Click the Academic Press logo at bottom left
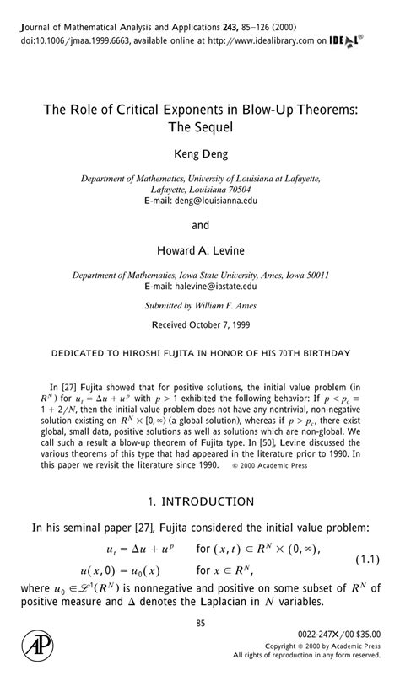tap(36, 646)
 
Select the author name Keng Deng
tap(200, 154)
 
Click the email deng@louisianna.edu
tap(212, 201)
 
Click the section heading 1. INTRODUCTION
tap(200, 501)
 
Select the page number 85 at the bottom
tap(201, 623)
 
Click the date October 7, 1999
tap(222, 324)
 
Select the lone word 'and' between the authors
tap(200, 226)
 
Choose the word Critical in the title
tap(143, 109)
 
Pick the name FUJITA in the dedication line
tap(221, 351)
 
